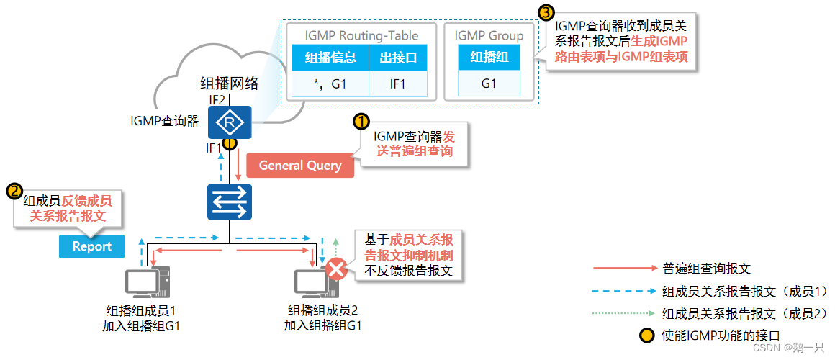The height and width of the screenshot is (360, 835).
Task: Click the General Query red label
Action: tap(300, 166)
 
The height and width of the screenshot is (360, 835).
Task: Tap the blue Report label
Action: tap(91, 246)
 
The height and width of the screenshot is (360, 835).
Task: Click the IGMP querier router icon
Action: tap(229, 123)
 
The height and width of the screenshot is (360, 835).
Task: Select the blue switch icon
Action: tap(229, 202)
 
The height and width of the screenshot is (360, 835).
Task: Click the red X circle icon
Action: tap(335, 270)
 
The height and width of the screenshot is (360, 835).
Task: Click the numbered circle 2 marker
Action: tap(14, 191)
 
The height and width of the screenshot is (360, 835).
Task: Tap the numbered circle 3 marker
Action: tap(547, 12)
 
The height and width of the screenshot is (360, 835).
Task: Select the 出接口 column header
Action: tap(398, 58)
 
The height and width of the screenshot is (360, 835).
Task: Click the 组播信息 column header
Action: tap(330, 58)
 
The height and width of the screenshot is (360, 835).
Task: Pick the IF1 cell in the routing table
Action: tap(398, 84)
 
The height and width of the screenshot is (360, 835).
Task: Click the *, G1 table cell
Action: tap(330, 84)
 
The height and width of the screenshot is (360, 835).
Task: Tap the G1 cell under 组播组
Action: tap(489, 84)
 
